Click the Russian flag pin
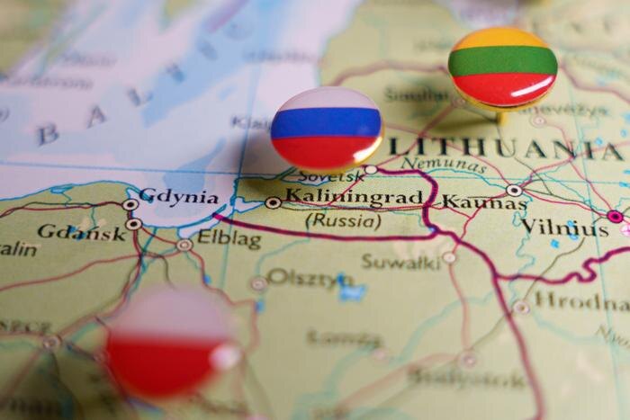point(326,128)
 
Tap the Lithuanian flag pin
point(502,67)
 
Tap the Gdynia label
point(178,196)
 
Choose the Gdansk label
point(82,232)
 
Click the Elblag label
point(229,240)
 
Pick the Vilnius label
point(564,228)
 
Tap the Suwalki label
point(400,261)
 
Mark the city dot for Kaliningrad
point(273,203)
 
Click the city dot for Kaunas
point(514,191)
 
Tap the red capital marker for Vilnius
point(616,216)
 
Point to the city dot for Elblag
point(184,244)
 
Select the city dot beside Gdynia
point(130,204)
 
